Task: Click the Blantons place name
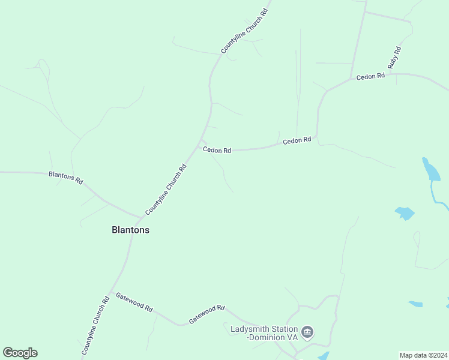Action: [130, 230]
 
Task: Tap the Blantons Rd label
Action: [65, 177]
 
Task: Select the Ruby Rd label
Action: [394, 56]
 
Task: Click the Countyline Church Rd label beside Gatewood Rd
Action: [95, 325]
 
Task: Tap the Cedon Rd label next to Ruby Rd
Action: [370, 77]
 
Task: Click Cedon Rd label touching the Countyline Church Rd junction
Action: [217, 150]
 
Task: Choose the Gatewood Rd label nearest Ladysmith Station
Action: [206, 314]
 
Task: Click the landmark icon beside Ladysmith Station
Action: [307, 332]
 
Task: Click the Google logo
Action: [20, 353]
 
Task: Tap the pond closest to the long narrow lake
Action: [405, 212]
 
